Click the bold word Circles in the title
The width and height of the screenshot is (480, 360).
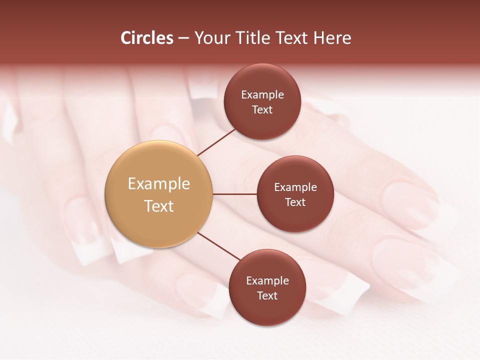[147, 38]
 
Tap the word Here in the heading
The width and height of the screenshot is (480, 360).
[332, 38]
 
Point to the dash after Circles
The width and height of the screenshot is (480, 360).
[183, 38]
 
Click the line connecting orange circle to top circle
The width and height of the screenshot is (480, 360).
[216, 141]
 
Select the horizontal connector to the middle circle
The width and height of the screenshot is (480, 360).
[235, 194]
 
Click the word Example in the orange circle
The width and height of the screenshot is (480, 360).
[158, 184]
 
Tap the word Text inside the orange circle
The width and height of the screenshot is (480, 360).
[158, 206]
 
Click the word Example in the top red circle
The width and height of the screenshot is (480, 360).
[262, 94]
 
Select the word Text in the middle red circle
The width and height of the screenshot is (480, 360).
[295, 202]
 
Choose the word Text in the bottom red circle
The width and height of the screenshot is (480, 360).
[267, 295]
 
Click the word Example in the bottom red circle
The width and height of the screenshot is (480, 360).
[267, 280]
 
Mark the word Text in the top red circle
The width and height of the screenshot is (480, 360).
[262, 109]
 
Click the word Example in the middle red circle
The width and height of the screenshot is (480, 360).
[295, 187]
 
